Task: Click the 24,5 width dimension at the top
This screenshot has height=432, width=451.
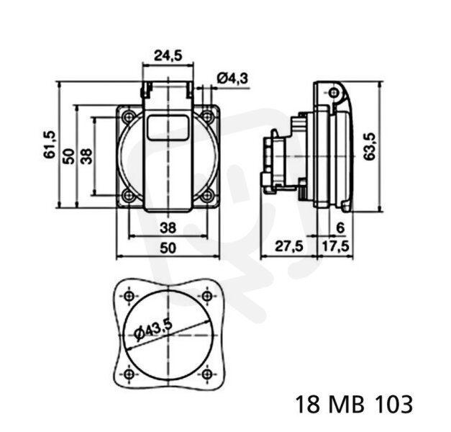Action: click(168, 55)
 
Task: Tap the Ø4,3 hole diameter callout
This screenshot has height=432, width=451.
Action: click(232, 78)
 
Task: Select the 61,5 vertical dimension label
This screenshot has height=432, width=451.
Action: click(50, 145)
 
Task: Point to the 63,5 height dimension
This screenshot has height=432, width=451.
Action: click(369, 146)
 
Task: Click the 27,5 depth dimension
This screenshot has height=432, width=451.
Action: click(289, 246)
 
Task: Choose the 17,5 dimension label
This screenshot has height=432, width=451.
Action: click(335, 246)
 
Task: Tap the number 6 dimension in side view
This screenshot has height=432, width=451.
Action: click(340, 228)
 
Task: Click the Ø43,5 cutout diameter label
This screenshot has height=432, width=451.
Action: click(153, 330)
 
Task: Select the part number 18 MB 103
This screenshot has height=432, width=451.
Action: click(354, 405)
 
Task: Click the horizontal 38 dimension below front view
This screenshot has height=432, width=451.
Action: click(168, 228)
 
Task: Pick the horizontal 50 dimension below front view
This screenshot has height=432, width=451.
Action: click(168, 248)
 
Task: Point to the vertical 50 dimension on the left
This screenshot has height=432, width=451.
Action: click(69, 156)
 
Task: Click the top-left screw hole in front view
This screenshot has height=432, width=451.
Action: click(129, 117)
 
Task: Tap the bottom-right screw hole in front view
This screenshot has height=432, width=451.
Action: click(206, 196)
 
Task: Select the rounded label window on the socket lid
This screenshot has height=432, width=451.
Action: click(168, 127)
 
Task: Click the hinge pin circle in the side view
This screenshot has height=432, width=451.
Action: click(334, 92)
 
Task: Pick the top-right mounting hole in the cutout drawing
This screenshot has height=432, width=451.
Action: click(207, 296)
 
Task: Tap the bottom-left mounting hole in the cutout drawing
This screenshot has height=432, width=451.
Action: click(129, 374)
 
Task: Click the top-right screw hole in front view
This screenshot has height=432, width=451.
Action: click(206, 117)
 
